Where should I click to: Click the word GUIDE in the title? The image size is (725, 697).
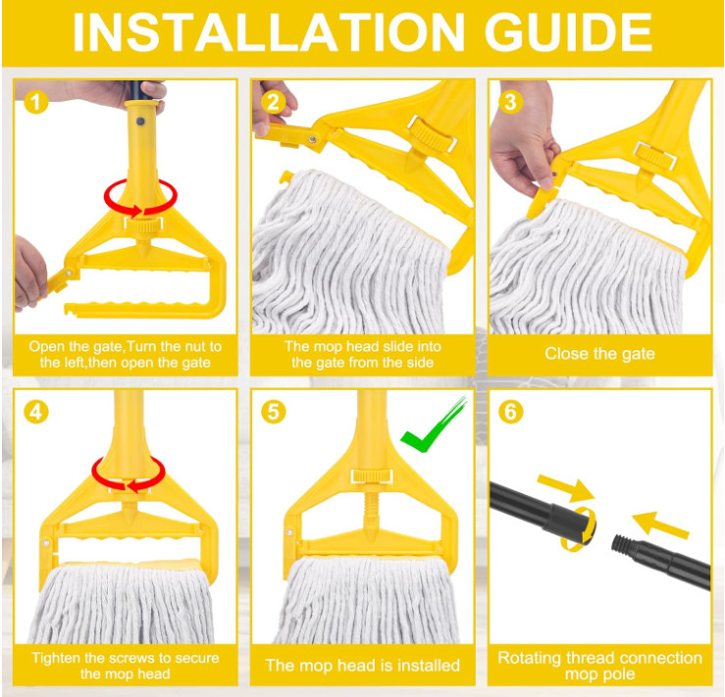[568, 32]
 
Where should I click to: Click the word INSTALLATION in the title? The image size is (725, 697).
[268, 32]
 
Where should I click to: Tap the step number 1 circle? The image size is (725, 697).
[36, 102]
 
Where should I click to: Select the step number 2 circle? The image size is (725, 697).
[274, 102]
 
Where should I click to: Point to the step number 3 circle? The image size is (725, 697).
[510, 102]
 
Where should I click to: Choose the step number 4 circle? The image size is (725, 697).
[36, 412]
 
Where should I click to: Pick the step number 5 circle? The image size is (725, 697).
[274, 412]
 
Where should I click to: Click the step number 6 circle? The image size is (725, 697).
[510, 412]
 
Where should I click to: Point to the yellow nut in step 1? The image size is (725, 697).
[143, 224]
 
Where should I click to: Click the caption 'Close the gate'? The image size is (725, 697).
[599, 354]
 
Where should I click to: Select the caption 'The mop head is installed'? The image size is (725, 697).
[363, 666]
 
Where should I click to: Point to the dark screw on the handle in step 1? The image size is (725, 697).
[140, 122]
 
